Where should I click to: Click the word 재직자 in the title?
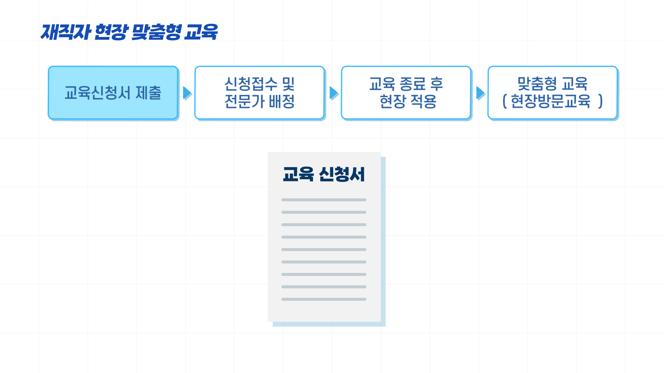point(66,32)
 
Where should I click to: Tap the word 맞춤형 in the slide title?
point(156,32)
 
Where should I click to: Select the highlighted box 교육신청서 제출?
point(113,93)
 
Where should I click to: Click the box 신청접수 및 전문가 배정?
point(259,93)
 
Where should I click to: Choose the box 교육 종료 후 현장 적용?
point(406,93)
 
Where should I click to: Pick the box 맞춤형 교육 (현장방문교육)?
point(552,93)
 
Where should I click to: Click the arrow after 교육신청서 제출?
point(187,93)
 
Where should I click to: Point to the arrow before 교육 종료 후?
point(334,93)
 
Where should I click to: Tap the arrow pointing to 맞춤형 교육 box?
point(480,93)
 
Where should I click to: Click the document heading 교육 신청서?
point(324,174)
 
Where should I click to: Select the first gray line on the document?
point(324,200)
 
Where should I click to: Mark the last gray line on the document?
point(324,299)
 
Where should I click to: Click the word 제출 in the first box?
point(148,93)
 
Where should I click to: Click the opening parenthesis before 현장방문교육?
point(505,101)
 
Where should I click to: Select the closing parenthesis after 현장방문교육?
point(600,101)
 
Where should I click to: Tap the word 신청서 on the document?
point(342,174)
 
